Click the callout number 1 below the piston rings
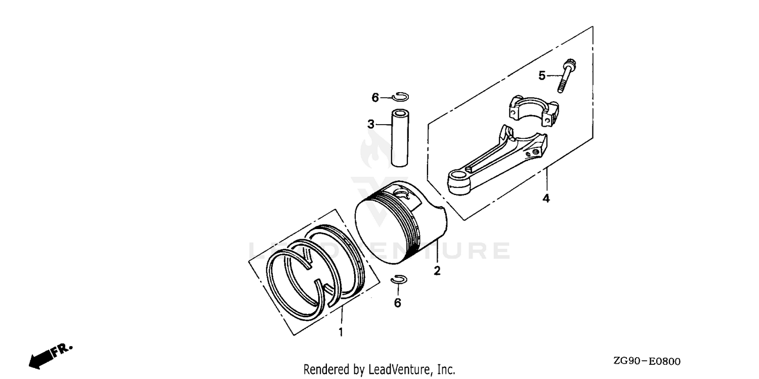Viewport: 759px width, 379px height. (341, 332)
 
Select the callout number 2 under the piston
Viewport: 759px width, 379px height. (437, 271)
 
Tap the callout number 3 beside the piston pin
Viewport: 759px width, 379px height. (371, 124)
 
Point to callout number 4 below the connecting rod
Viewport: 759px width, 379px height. (546, 198)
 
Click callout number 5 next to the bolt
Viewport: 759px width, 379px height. (542, 75)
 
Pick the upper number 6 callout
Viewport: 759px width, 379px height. (375, 98)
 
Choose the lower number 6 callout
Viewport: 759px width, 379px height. (397, 302)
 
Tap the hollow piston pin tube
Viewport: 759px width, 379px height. (400, 138)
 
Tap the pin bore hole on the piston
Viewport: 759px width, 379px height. (403, 194)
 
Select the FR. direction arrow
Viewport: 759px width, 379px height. (51, 356)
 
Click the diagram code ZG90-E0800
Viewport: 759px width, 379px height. (647, 361)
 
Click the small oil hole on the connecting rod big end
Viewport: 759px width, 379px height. (535, 152)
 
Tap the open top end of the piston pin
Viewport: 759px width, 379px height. (400, 112)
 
